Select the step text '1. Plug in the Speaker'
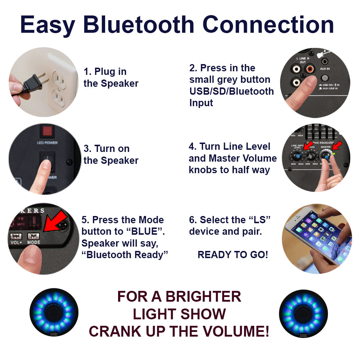(x=111, y=77)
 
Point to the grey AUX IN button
(x=325, y=78)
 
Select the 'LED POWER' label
(x=47, y=143)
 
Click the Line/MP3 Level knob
(x=298, y=156)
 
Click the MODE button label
(x=34, y=243)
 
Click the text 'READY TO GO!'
(x=233, y=255)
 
